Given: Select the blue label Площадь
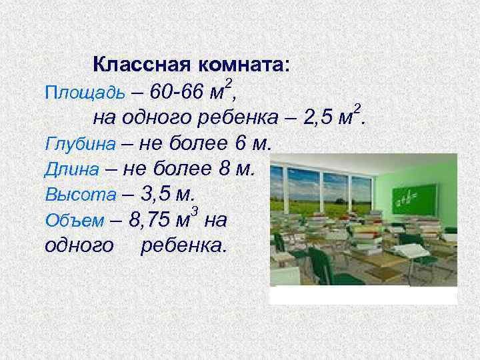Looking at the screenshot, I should pyautogui.click(x=73, y=92).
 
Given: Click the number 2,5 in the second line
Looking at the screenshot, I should pyautogui.click(x=318, y=118).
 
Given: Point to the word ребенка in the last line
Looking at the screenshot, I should pyautogui.click(x=183, y=246).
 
